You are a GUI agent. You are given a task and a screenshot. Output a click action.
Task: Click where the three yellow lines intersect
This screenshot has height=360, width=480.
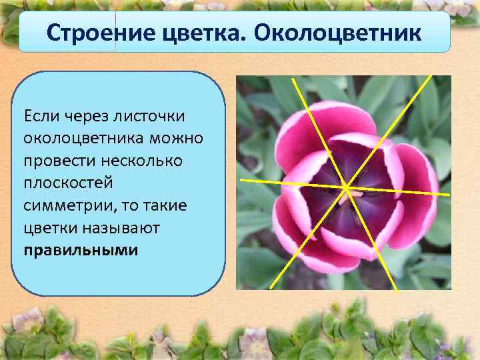345,187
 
